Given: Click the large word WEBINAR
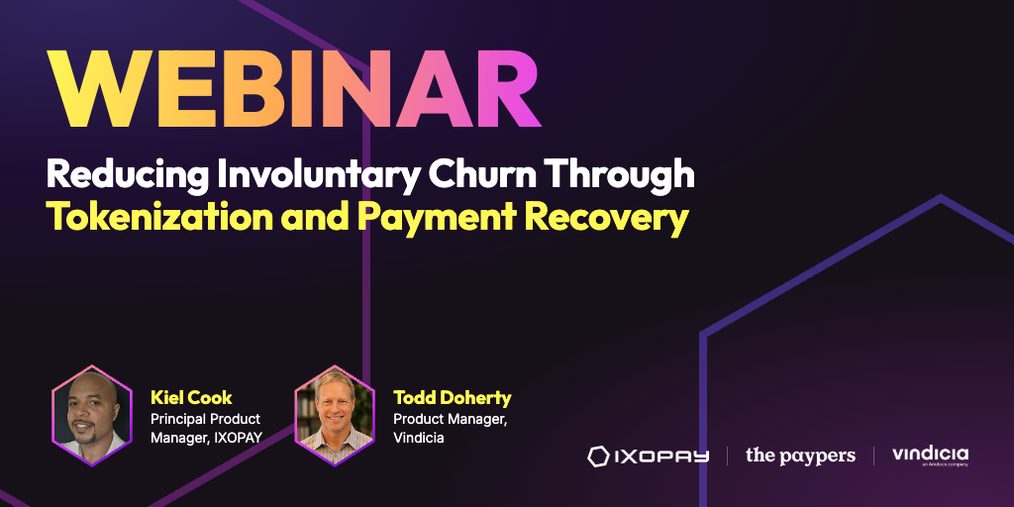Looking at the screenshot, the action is click(x=295, y=88).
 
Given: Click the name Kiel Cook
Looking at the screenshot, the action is click(x=191, y=397).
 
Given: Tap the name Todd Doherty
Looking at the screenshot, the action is click(x=452, y=397).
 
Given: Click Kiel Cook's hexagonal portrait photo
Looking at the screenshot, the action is click(x=92, y=415).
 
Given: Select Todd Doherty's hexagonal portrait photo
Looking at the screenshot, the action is click(x=335, y=415).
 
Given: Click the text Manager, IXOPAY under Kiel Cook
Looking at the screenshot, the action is click(x=206, y=438).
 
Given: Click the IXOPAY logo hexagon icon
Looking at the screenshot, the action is click(x=599, y=456).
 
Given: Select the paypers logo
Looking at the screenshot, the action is click(x=800, y=456).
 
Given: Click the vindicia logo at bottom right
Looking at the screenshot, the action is click(x=931, y=456).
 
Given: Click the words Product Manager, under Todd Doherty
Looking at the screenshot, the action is click(x=451, y=419).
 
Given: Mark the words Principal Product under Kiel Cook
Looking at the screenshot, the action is click(x=206, y=419).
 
